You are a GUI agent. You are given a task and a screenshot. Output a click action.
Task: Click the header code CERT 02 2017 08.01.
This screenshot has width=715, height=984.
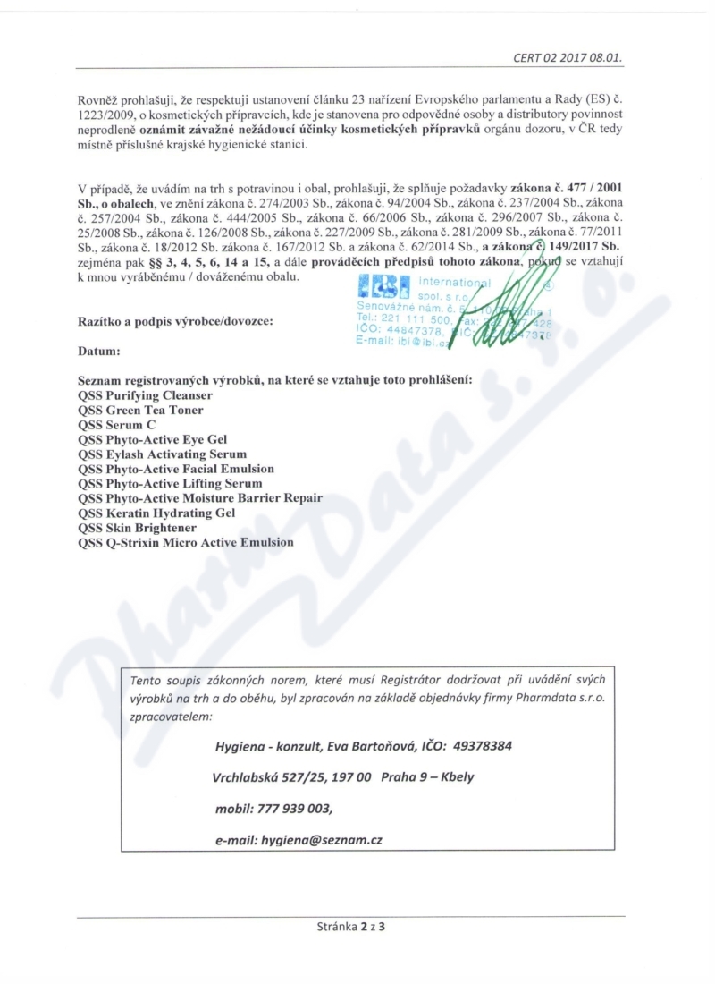tap(568, 57)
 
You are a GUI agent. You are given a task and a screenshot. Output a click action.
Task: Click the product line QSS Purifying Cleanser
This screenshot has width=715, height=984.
tap(145, 394)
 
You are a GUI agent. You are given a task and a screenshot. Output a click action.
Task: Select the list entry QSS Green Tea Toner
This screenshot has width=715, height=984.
tap(140, 410)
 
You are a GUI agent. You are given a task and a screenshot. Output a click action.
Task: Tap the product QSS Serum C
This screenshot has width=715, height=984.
tap(117, 425)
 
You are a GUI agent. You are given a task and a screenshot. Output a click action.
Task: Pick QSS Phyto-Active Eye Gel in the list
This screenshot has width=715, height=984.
tap(153, 439)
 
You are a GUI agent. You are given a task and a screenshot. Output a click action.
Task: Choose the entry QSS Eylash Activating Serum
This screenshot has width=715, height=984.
tap(162, 454)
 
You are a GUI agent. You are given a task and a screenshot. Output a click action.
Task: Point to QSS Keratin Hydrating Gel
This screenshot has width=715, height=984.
tap(156, 513)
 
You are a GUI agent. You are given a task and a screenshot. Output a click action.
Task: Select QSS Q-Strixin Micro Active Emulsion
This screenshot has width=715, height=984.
tap(186, 542)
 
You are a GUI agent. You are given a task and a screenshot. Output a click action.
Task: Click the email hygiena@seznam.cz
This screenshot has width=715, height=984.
tap(299, 840)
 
